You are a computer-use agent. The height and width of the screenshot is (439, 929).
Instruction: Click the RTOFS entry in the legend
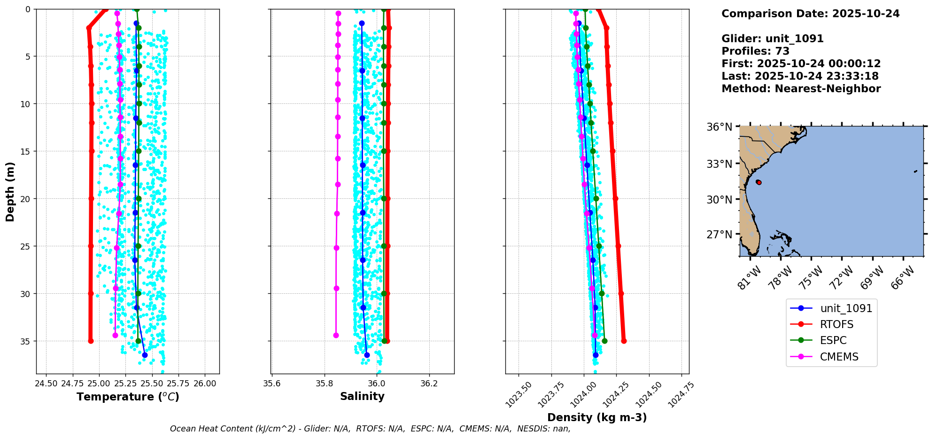pos(836,324)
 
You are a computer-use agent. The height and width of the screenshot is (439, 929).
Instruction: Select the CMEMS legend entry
pos(839,357)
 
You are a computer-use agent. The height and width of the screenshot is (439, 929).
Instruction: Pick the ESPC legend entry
pos(833,340)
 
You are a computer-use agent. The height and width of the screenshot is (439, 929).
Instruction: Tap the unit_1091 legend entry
pos(846,308)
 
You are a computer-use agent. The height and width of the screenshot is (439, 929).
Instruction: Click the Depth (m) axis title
pos(10,192)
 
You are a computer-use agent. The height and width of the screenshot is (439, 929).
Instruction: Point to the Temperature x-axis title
pos(128,397)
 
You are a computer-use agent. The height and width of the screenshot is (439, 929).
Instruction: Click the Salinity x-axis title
pos(362,396)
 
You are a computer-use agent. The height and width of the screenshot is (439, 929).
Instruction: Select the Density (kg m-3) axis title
pos(597,417)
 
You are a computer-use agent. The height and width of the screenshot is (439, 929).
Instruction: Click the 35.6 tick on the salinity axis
pos(271,384)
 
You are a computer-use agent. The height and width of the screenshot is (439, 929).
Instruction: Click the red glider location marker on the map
pos(759,182)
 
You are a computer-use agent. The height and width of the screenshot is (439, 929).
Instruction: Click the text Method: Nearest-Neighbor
pos(801,89)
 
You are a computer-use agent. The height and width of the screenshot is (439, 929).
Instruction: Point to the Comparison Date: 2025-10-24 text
pos(810,14)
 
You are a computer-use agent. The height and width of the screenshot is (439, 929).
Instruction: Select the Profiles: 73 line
pos(755,51)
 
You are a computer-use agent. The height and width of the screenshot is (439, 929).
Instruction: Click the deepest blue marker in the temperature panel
pos(145,355)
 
